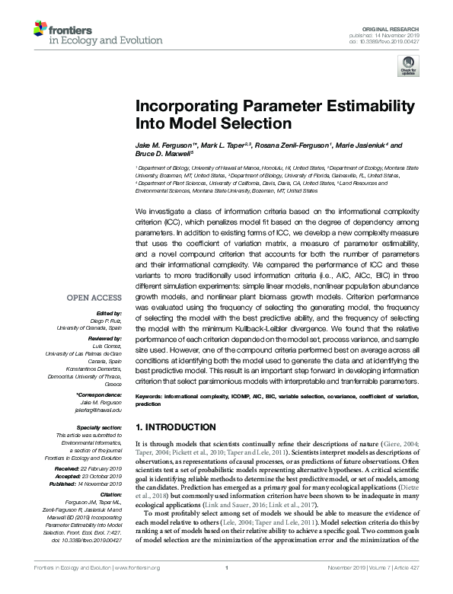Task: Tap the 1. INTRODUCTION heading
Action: tap(175, 426)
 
